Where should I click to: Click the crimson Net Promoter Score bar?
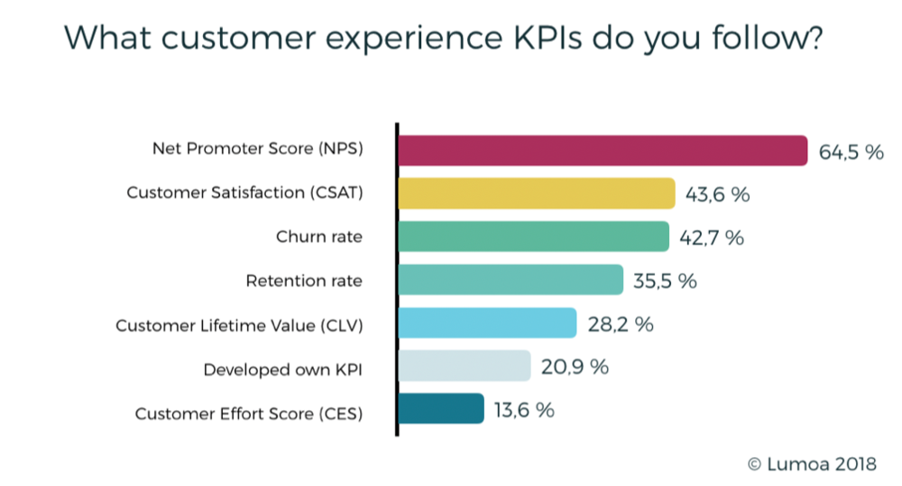tap(603, 151)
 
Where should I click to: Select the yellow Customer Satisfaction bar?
tap(537, 194)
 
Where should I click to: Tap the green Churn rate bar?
tap(533, 237)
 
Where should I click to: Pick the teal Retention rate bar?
tap(511, 280)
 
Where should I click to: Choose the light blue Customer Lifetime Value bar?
tap(487, 324)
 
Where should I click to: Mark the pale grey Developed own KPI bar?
tap(464, 367)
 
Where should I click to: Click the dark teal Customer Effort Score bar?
tap(441, 410)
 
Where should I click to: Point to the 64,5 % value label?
tap(851, 151)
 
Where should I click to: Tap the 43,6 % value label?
tap(718, 195)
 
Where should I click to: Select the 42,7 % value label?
tap(712, 238)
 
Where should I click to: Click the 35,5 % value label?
tap(665, 281)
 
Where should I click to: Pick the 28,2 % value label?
tap(620, 325)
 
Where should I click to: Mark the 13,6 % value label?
tap(524, 411)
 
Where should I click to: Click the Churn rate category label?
tap(319, 237)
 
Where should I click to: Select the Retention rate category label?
tap(304, 280)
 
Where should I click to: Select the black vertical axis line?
tap(397, 280)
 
